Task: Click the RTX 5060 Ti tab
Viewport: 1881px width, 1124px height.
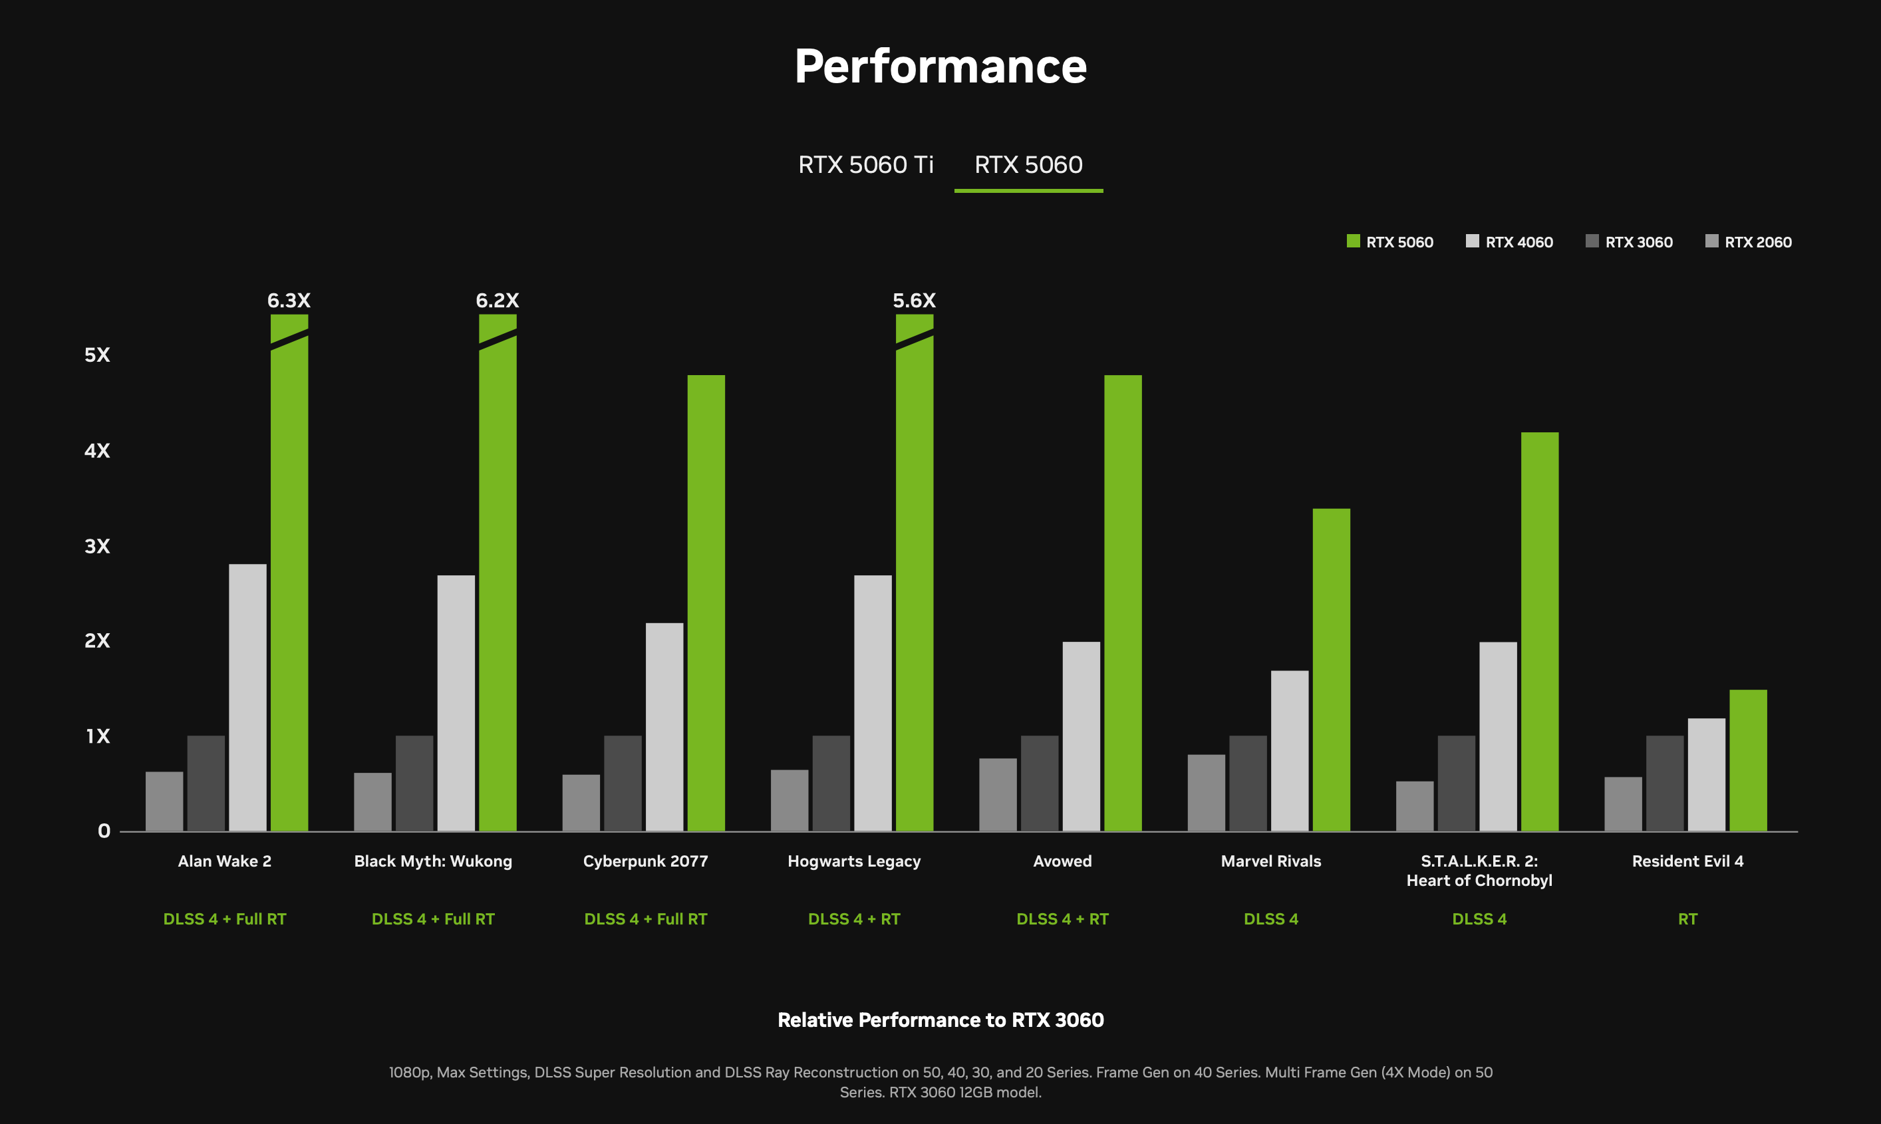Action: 865,164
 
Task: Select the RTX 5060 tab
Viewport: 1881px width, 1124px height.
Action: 1028,164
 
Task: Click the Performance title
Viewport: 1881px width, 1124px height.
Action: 940,66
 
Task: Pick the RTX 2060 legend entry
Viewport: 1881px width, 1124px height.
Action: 1749,241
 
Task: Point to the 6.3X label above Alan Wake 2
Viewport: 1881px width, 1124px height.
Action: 289,301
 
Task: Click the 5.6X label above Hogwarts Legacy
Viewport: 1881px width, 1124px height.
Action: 914,301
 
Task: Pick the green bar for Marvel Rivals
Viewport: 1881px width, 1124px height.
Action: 1331,670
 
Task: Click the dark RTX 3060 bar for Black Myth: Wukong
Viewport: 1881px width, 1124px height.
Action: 414,783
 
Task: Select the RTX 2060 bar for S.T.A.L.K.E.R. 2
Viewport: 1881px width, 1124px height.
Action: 1415,806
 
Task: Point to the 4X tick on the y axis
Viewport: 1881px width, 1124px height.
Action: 97,451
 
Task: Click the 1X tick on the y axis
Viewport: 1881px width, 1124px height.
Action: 97,736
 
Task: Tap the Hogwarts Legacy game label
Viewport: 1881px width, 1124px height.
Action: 853,861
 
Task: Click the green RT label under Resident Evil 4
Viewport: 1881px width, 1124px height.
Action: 1687,918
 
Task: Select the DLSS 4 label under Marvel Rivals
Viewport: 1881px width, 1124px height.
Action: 1270,918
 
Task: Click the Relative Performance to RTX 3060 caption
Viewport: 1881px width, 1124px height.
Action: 940,1020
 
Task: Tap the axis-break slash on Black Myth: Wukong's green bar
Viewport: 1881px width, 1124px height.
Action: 498,339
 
